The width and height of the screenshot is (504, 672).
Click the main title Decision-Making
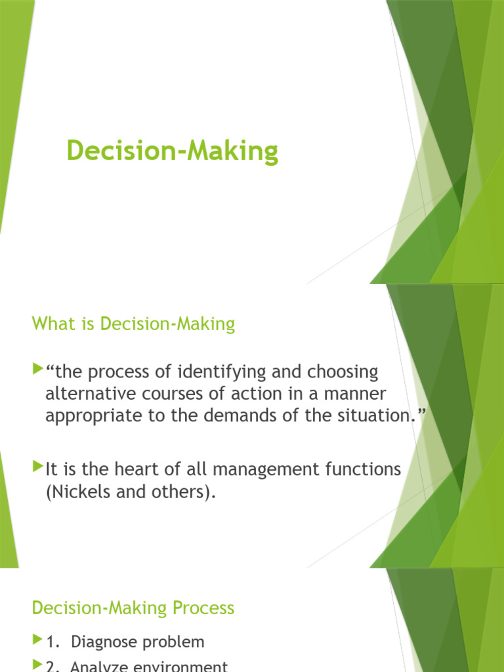pos(172,152)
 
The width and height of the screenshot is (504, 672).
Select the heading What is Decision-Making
pos(133,324)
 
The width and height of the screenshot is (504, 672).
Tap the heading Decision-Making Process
pos(133,608)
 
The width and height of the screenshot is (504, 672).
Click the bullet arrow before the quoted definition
pos(37,371)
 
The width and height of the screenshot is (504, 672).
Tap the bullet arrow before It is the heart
pos(37,468)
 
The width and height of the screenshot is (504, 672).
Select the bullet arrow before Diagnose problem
pos(37,640)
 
